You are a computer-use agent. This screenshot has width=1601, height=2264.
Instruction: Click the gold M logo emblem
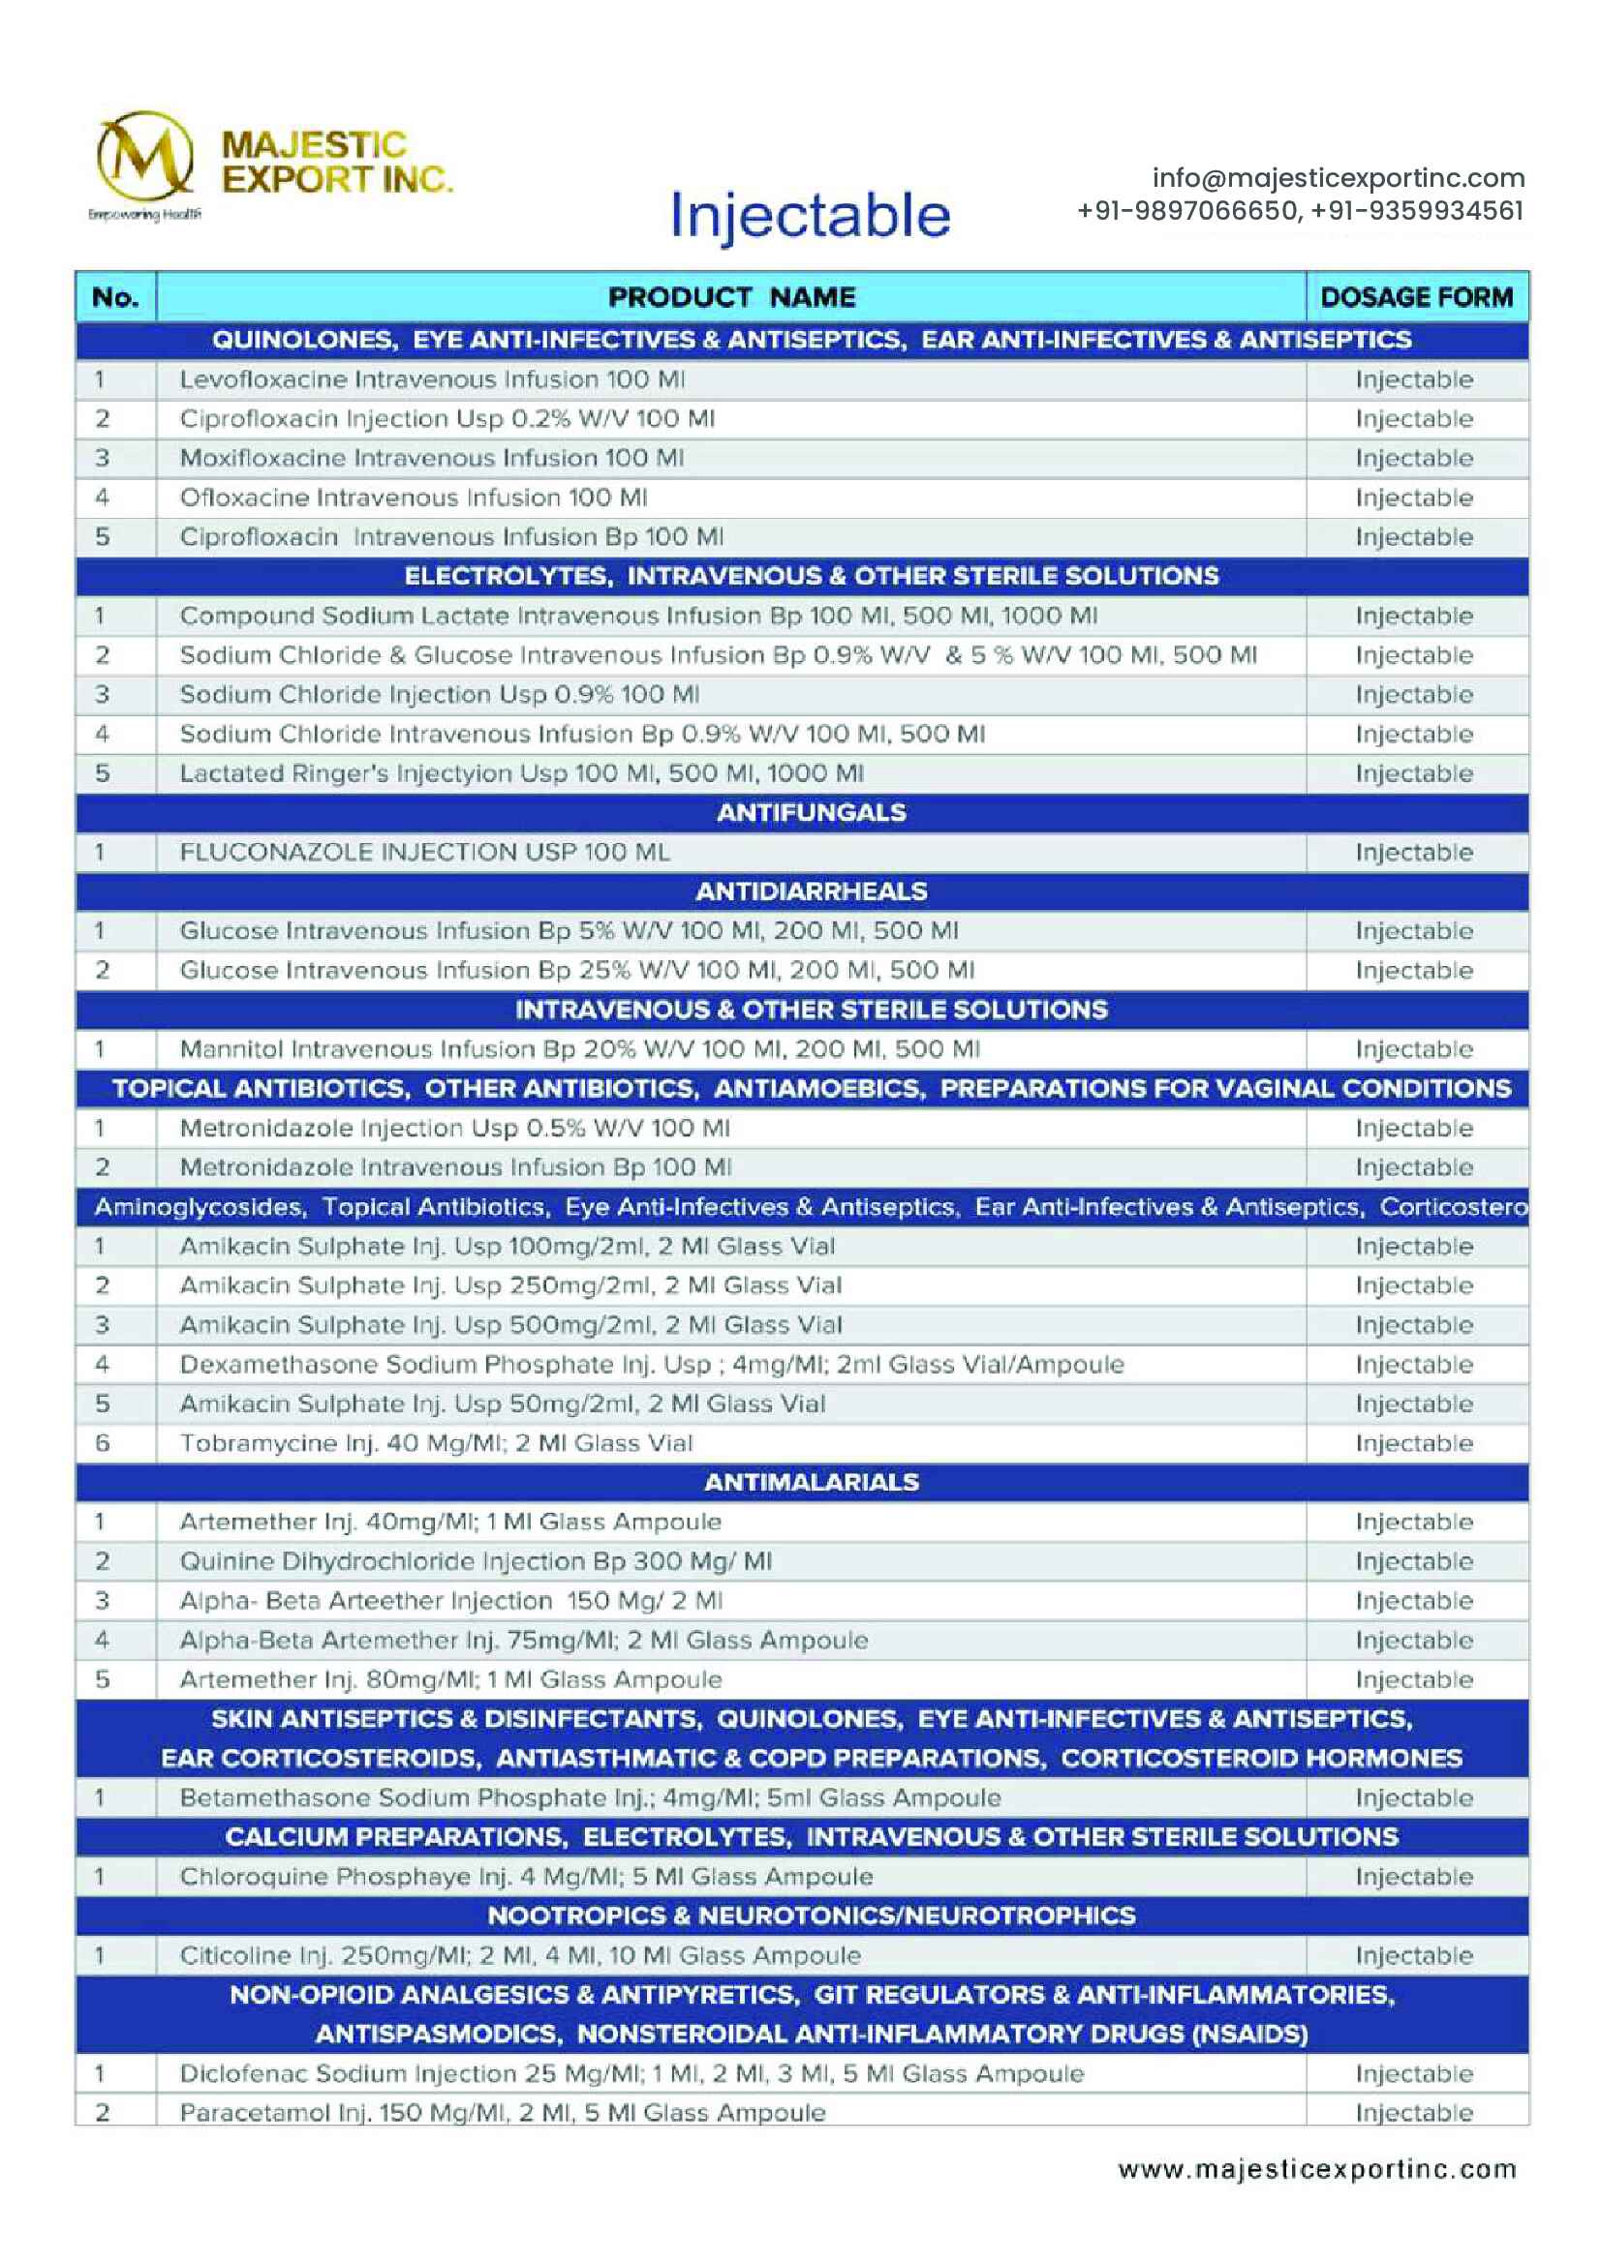click(144, 156)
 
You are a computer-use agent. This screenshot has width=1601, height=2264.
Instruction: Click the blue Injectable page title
click(809, 215)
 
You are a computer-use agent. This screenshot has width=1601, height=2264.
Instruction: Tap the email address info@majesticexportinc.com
click(1338, 178)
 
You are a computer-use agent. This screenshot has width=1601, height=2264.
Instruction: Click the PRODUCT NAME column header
click(731, 297)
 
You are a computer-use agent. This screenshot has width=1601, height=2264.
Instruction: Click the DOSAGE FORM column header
click(1416, 297)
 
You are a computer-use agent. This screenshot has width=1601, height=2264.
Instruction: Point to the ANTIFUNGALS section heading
click(811, 812)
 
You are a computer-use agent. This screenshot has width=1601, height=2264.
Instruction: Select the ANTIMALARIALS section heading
click(811, 1482)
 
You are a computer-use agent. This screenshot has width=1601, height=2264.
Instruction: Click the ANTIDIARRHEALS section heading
click(811, 891)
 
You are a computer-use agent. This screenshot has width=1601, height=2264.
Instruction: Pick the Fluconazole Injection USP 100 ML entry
click(424, 852)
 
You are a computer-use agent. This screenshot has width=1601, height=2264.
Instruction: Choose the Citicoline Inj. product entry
click(520, 1955)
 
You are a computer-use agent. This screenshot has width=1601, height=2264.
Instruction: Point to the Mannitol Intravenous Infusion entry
click(579, 1049)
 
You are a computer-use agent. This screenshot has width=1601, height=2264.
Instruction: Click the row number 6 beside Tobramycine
click(103, 1442)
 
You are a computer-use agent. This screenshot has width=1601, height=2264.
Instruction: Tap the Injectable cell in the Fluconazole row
click(1413, 852)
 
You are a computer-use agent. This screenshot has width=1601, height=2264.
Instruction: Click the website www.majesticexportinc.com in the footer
click(1317, 2169)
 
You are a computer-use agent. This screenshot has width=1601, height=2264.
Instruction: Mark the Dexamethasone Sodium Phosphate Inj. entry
click(651, 1364)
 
